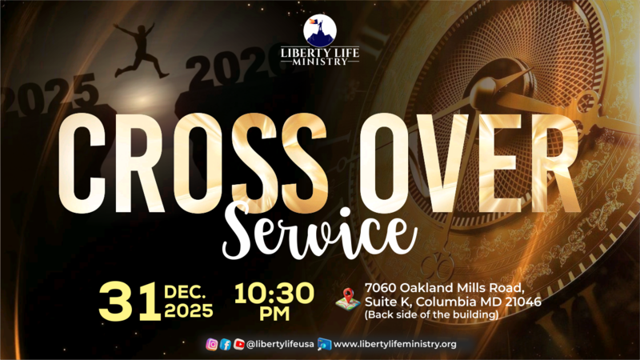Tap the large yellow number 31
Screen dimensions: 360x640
(127, 303)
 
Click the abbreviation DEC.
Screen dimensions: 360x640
(189, 291)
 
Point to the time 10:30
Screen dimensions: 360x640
(274, 293)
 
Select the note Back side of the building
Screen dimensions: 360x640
(431, 314)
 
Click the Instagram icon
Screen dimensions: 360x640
(212, 344)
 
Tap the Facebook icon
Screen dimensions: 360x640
(226, 344)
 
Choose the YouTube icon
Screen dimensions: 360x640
(238, 344)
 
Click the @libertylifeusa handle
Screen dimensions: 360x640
(279, 344)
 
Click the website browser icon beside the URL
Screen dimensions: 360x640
(324, 344)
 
